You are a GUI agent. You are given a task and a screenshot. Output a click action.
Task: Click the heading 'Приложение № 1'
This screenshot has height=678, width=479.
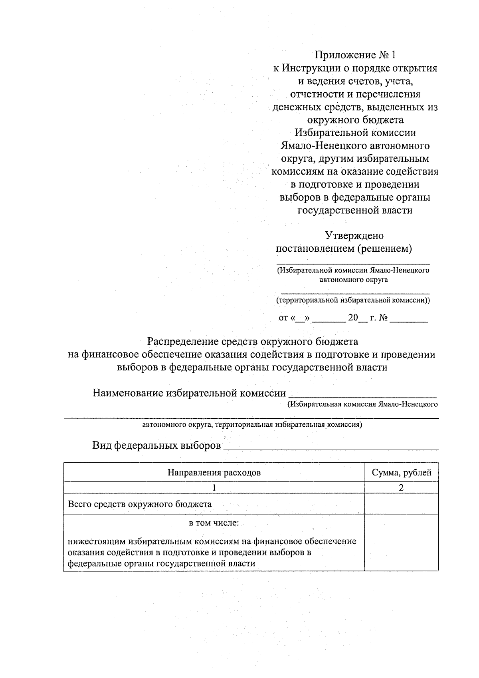(x=356, y=55)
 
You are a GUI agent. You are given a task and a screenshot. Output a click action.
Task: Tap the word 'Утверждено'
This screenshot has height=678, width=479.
(x=354, y=235)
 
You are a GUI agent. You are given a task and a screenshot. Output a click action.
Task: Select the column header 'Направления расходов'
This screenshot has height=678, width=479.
(x=214, y=473)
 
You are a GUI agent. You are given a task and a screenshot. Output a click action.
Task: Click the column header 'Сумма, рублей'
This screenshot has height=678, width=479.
(x=402, y=473)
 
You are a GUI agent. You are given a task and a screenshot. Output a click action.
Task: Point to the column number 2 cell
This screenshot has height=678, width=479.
(x=402, y=487)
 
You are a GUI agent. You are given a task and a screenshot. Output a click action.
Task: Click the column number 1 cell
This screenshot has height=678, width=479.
(x=214, y=487)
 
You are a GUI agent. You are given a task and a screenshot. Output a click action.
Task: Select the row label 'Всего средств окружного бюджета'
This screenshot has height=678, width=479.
(x=140, y=504)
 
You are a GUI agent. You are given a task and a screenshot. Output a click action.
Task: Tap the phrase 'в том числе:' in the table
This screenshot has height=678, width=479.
(x=214, y=523)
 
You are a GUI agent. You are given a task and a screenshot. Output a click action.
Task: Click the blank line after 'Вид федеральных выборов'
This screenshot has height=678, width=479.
(x=331, y=447)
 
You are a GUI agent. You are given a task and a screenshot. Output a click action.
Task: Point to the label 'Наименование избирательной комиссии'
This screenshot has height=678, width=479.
(x=189, y=393)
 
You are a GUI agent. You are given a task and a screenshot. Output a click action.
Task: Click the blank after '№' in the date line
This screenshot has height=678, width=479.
(x=408, y=319)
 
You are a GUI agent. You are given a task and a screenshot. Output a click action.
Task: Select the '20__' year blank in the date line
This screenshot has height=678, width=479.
(x=357, y=318)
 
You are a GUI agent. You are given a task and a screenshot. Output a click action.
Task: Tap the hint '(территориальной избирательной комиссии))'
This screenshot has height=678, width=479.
(x=353, y=300)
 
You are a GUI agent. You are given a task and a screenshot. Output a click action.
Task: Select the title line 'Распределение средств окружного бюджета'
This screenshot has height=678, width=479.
(x=253, y=342)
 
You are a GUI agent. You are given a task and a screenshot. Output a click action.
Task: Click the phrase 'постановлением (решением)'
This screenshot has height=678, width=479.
(x=344, y=249)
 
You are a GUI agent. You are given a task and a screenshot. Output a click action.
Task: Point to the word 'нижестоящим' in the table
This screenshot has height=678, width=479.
(x=97, y=541)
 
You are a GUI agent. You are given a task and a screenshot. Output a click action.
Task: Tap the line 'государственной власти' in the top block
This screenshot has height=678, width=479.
(x=355, y=210)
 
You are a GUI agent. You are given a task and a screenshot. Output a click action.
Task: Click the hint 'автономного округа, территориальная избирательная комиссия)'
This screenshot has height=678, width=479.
(x=252, y=425)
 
